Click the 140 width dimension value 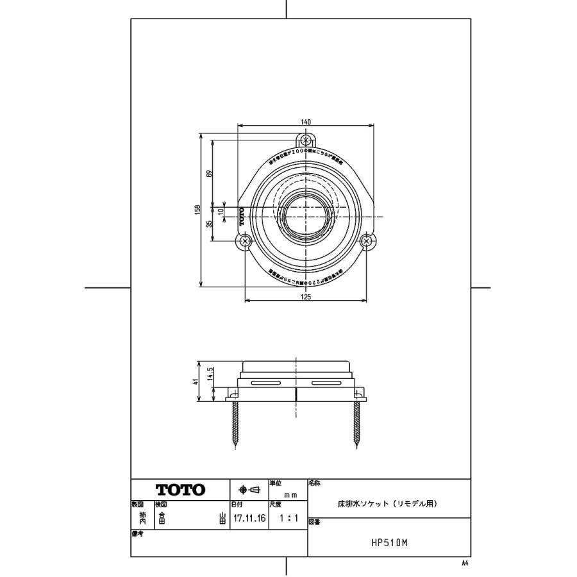[x=306, y=122]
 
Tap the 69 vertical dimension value [x=210, y=173]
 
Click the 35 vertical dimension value [x=210, y=224]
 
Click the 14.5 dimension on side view [x=210, y=372]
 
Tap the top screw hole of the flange [x=306, y=140]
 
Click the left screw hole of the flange [x=246, y=242]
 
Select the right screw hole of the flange [x=367, y=242]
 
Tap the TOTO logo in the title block [x=180, y=490]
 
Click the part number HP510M [x=389, y=542]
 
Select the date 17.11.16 [x=249, y=519]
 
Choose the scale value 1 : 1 [x=288, y=519]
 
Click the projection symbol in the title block [x=249, y=490]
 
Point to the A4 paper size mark [x=465, y=562]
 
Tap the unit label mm [x=290, y=495]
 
